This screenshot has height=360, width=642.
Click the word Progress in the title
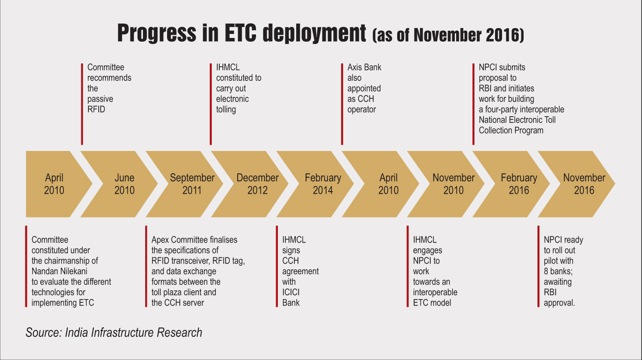157,33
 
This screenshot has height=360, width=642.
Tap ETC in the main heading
240,33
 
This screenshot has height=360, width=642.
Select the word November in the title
447,35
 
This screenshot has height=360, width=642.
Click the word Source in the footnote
43,332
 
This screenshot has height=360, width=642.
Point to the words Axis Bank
364,67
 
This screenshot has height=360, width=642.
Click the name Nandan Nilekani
59,271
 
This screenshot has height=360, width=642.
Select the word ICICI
291,293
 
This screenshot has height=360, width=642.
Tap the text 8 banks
558,271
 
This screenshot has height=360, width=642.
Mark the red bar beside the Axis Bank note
342,104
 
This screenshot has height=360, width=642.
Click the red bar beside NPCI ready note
538,266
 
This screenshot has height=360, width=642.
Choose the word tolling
226,110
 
